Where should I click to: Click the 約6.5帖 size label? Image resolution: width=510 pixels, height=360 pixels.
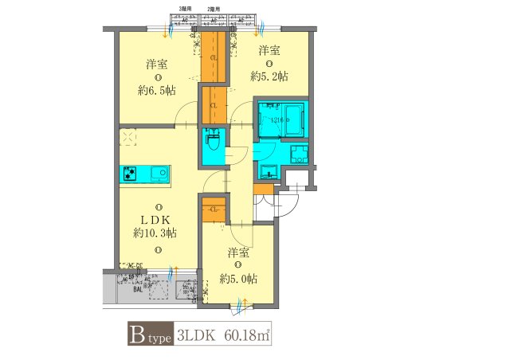point(155,91)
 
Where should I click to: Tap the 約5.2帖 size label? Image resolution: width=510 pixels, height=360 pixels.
point(269,76)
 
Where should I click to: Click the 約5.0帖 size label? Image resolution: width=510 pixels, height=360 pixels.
point(238,279)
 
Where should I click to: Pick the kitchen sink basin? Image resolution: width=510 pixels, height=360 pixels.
point(157,173)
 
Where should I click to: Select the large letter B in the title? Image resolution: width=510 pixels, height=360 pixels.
point(136,335)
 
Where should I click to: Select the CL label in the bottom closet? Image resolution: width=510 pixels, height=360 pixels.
point(214,209)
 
